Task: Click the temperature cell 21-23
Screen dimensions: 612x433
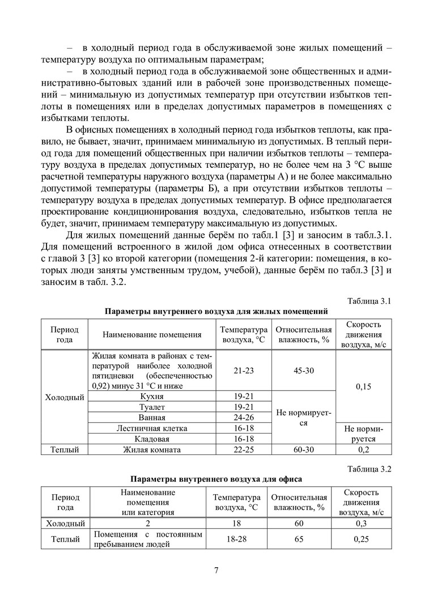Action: [x=244, y=371]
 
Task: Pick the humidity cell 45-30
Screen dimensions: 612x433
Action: [x=303, y=371]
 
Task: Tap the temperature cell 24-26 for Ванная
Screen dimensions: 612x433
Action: [x=244, y=418]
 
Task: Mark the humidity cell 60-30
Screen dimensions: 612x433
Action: [x=303, y=450]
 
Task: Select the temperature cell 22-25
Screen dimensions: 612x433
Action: [x=244, y=450]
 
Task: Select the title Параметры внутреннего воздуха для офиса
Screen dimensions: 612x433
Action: [x=216, y=479]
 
